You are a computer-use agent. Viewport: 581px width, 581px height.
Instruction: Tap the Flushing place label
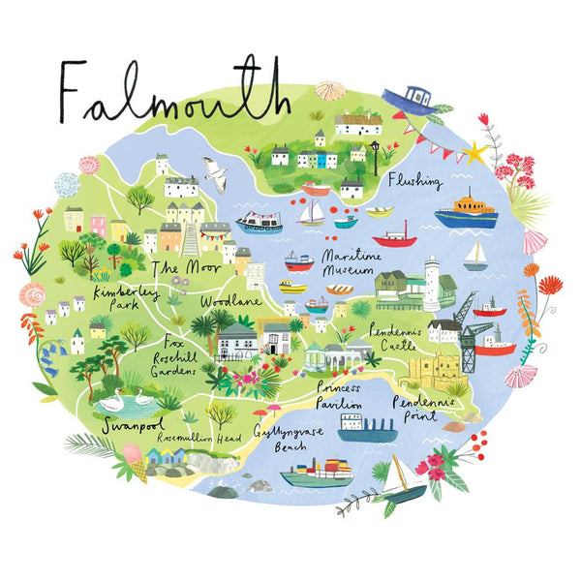(414, 181)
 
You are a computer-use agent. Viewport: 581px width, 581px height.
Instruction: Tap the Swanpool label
(133, 423)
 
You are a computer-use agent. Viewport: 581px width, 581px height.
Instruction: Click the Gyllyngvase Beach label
(282, 439)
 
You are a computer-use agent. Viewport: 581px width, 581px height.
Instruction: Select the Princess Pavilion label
(339, 394)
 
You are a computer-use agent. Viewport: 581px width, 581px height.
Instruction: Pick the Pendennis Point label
(425, 408)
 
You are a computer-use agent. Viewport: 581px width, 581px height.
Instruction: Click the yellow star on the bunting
(475, 152)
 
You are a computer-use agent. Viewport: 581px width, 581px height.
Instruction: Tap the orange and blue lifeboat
(466, 213)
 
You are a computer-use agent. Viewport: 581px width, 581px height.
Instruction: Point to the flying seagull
(214, 171)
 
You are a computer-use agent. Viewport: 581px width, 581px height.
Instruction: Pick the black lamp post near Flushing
(374, 154)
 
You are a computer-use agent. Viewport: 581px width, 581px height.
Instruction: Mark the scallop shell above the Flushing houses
(330, 90)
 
